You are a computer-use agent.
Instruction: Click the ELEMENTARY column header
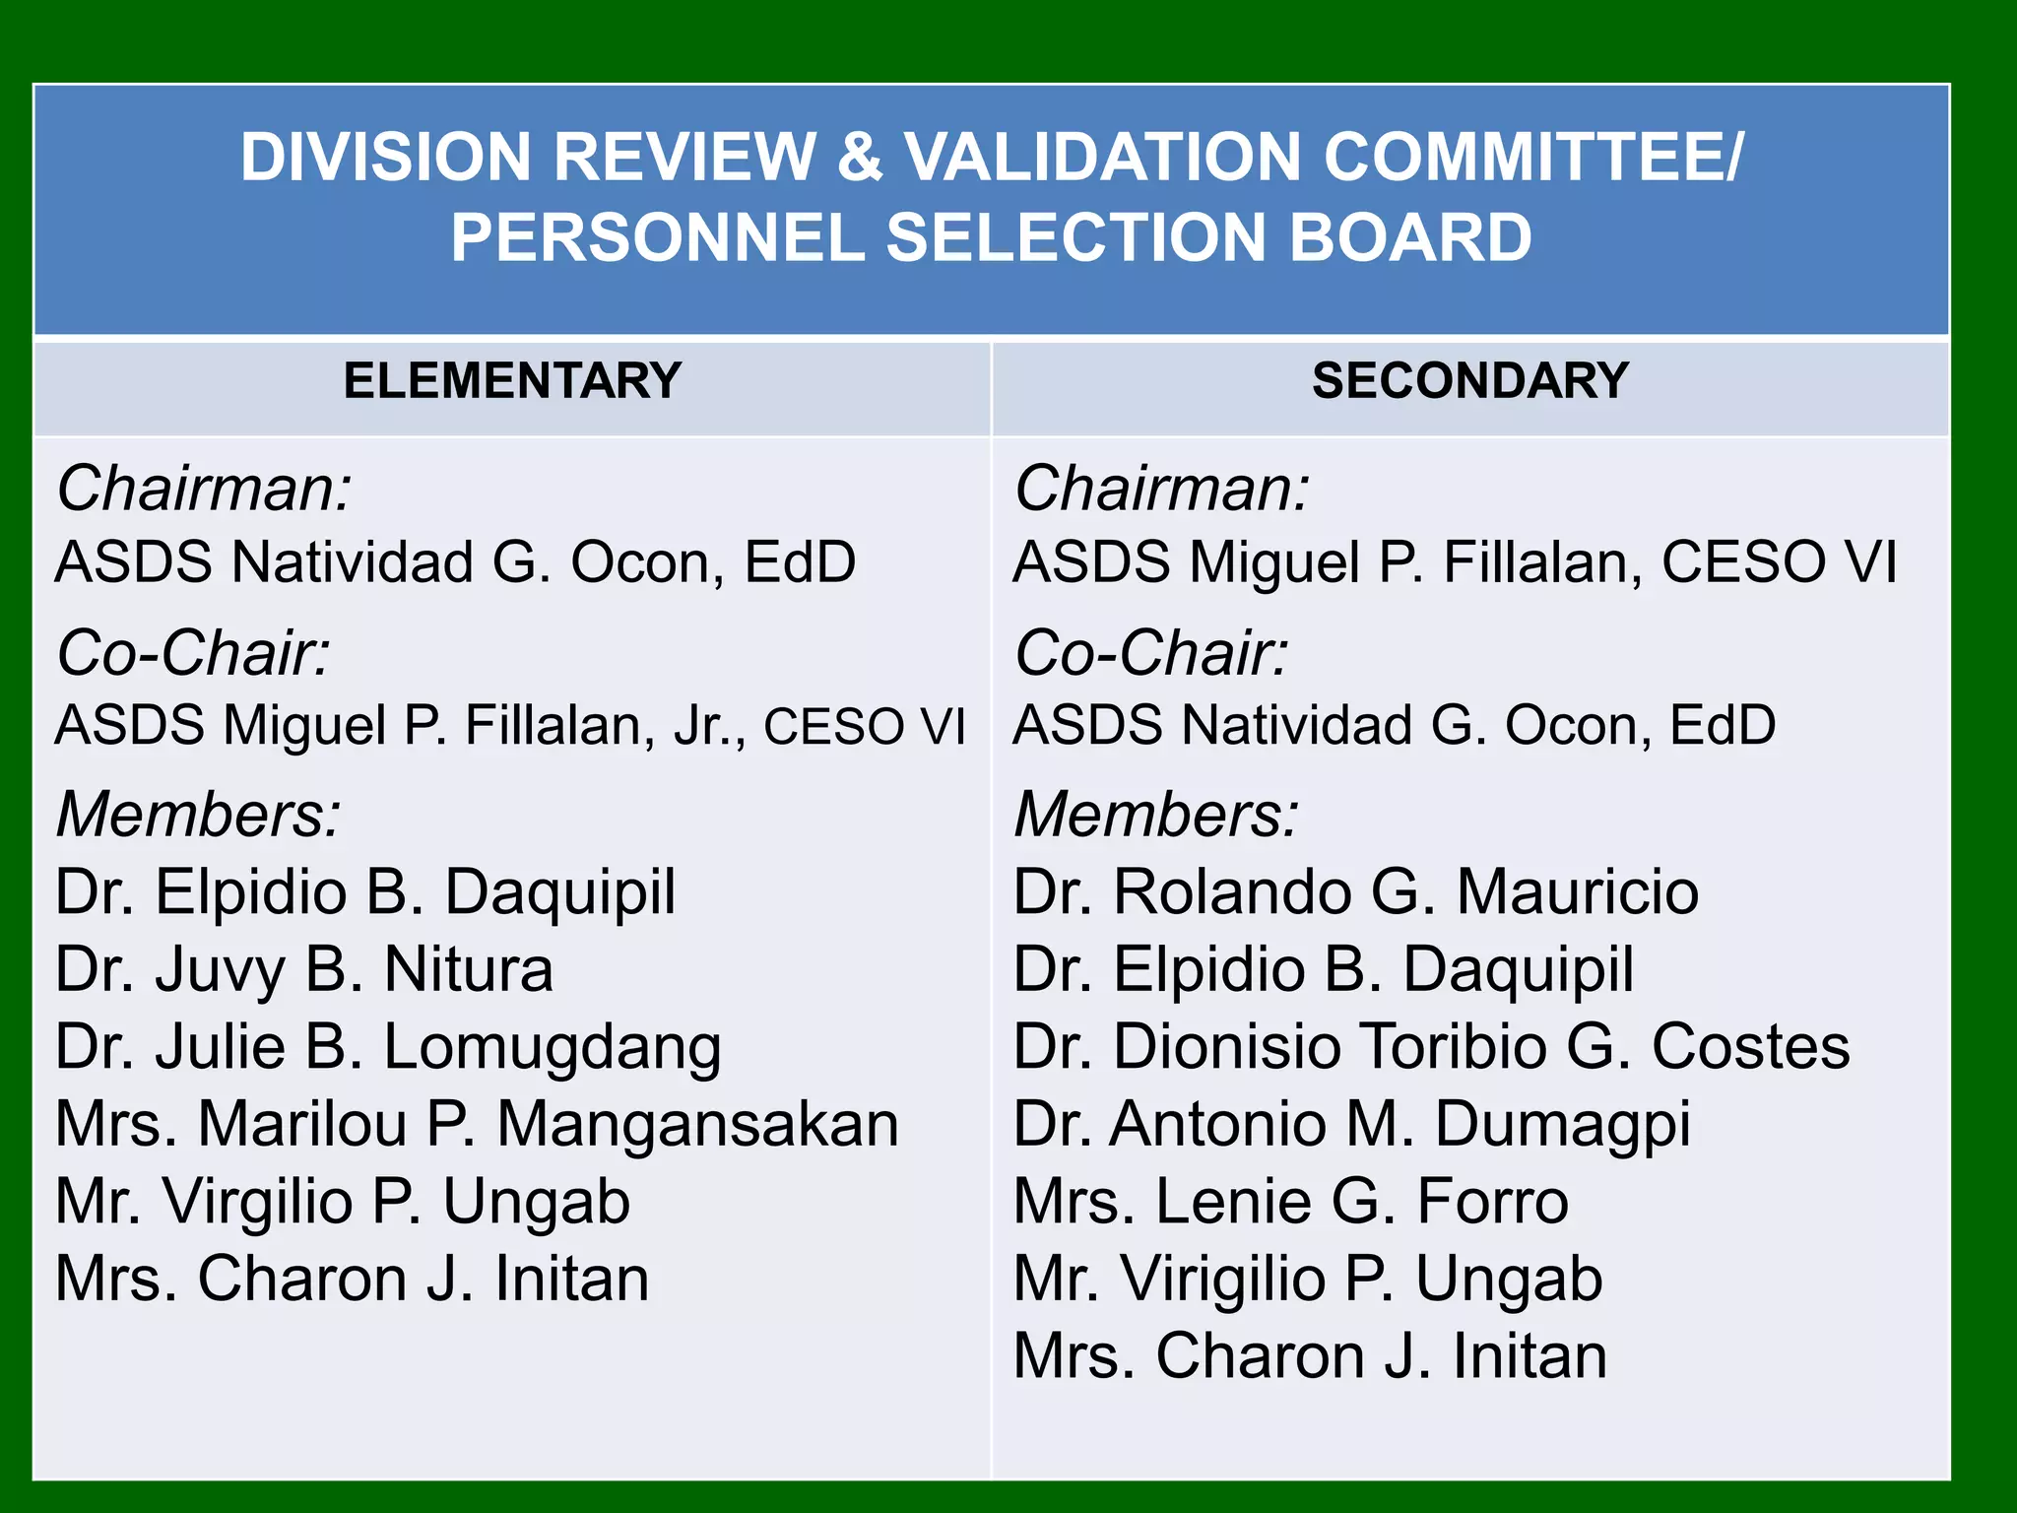tap(512, 381)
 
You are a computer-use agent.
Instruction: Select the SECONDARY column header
tap(1469, 381)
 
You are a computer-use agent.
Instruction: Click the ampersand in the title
tap(860, 158)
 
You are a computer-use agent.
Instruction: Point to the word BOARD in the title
tap(1410, 238)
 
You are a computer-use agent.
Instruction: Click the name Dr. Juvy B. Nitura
tap(304, 969)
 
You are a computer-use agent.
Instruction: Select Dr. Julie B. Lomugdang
tap(388, 1047)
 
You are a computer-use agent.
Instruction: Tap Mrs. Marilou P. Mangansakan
tap(477, 1124)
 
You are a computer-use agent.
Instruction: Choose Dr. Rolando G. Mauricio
tap(1356, 892)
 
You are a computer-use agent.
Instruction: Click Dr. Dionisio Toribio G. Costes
tap(1431, 1047)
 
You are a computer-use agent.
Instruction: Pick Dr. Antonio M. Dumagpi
tap(1351, 1124)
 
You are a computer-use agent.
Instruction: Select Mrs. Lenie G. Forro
tap(1290, 1202)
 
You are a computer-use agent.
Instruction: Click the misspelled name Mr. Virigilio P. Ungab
tap(1308, 1279)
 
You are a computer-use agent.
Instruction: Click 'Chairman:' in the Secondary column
tap(1162, 489)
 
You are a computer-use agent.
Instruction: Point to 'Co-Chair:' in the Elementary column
tap(193, 653)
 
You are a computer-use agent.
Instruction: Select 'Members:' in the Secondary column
tap(1156, 816)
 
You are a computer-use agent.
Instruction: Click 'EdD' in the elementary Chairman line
tap(800, 562)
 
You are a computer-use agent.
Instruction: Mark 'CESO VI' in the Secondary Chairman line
tap(1779, 562)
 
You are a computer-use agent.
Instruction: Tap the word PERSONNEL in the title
tap(657, 238)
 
